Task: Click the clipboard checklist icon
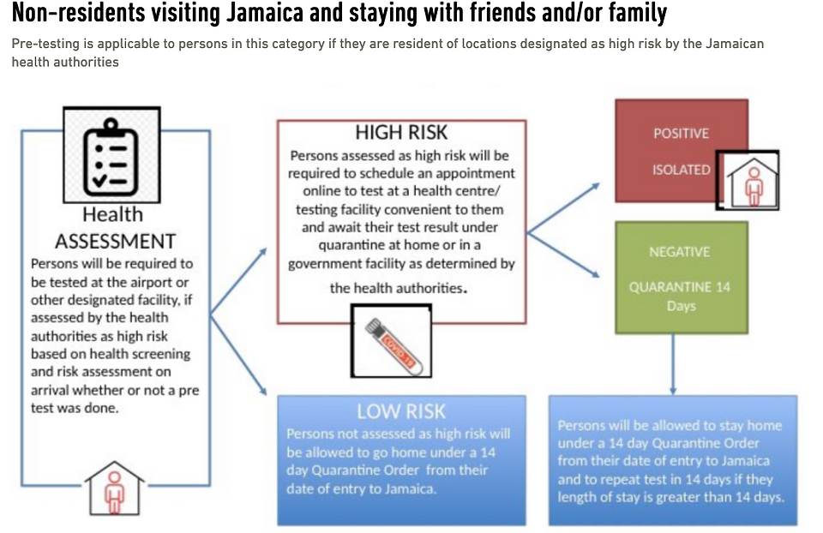[x=111, y=156]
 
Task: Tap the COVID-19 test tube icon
[x=392, y=342]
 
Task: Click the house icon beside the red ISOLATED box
[x=748, y=181]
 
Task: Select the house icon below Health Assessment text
[x=114, y=488]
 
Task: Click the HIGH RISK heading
[x=401, y=132]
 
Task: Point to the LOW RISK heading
[x=401, y=411]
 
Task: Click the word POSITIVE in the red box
[x=681, y=134]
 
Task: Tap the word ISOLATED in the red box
[x=682, y=170]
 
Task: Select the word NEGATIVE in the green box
[x=680, y=252]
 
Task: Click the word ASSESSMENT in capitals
[x=116, y=242]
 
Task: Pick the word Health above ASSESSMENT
[x=112, y=214]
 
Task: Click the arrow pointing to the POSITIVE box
[x=563, y=208]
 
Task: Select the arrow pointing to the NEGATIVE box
[x=563, y=255]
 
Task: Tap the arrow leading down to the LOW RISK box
[x=238, y=355]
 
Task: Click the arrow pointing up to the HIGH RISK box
[x=238, y=282]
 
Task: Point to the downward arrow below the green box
[x=673, y=364]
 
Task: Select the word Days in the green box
[x=682, y=306]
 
